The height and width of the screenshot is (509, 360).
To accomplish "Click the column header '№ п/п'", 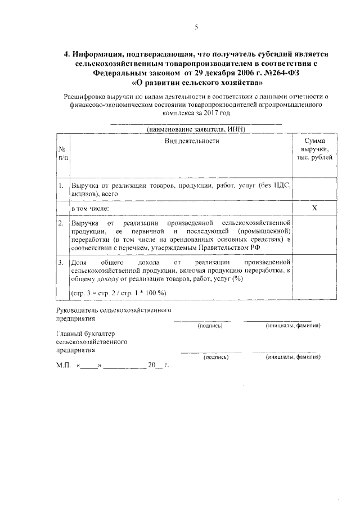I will (61, 154).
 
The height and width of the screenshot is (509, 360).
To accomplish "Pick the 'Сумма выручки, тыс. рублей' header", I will (314, 149).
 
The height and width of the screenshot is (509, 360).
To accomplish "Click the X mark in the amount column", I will (314, 208).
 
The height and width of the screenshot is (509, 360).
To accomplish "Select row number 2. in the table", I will (60, 223).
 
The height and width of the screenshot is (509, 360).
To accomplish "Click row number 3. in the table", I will (60, 262).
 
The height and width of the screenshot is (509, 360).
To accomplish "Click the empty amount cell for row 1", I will (314, 189).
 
